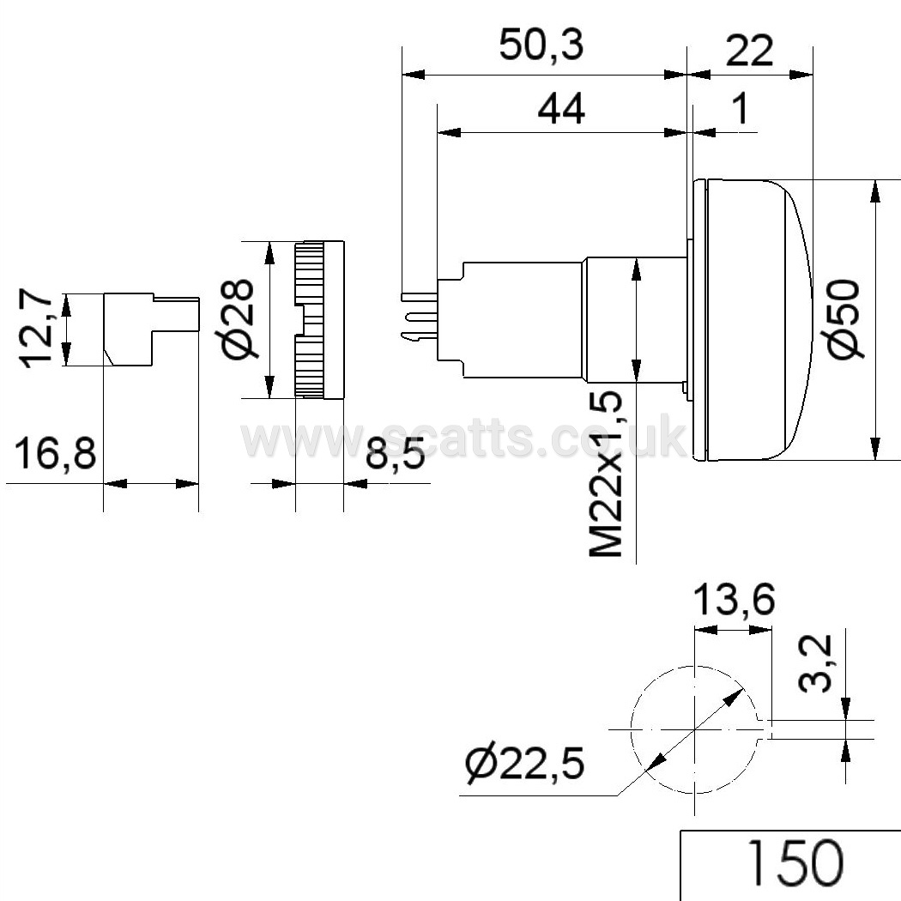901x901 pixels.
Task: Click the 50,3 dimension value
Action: [541, 45]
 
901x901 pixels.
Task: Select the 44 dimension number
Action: [561, 109]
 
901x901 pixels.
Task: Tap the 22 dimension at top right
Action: [749, 51]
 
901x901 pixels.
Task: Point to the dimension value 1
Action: [741, 109]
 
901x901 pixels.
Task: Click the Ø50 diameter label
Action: [844, 319]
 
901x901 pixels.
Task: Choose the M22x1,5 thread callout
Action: [606, 474]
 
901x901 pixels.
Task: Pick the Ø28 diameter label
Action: [238, 319]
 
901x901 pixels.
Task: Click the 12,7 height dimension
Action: [36, 329]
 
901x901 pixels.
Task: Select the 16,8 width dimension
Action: [55, 453]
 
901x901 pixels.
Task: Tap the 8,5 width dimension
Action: [396, 453]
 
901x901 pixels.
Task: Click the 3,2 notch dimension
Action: [816, 662]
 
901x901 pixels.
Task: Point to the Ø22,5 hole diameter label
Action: [524, 765]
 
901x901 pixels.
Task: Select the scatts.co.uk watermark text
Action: [463, 438]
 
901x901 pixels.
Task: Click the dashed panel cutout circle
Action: [632, 729]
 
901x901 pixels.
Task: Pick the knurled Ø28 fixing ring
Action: [319, 319]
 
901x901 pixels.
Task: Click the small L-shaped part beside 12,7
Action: [150, 330]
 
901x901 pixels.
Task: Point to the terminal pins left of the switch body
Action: [420, 317]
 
